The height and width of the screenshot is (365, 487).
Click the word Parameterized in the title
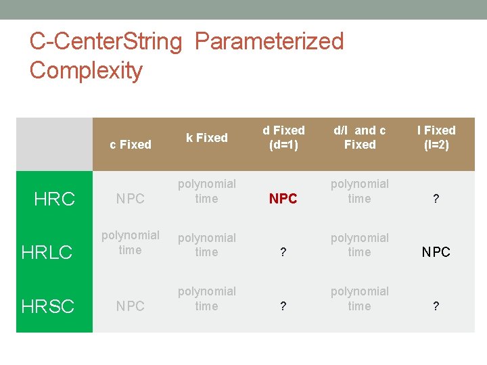pyautogui.click(x=269, y=42)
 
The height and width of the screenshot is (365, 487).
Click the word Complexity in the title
pyautogui.click(x=86, y=70)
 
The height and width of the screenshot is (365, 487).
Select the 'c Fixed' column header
pyautogui.click(x=131, y=144)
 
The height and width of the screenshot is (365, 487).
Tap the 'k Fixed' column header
pyautogui.click(x=207, y=137)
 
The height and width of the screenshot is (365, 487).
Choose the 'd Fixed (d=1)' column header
pyautogui.click(x=283, y=137)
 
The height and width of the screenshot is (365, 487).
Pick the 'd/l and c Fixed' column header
pyautogui.click(x=360, y=137)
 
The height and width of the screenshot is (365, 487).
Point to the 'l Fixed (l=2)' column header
pyautogui.click(x=436, y=137)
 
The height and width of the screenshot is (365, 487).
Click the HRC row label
pyautogui.click(x=55, y=198)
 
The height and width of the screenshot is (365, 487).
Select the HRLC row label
pyautogui.click(x=47, y=252)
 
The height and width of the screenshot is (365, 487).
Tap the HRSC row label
pyautogui.click(x=48, y=306)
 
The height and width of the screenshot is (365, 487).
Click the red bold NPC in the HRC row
pyautogui.click(x=283, y=199)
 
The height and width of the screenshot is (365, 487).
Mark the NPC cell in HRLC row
pyautogui.click(x=436, y=252)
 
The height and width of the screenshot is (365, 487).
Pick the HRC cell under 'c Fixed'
pyautogui.click(x=131, y=199)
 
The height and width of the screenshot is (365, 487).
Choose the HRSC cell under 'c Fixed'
pyautogui.click(x=131, y=306)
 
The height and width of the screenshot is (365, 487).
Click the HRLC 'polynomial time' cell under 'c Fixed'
pyautogui.click(x=131, y=243)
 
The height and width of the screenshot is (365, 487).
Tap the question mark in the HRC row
pyautogui.click(x=436, y=199)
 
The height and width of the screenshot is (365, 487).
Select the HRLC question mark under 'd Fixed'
pyautogui.click(x=283, y=253)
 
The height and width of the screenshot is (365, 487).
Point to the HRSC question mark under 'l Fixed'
pyautogui.click(x=436, y=307)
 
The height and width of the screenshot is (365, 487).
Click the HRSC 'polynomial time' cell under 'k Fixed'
pyautogui.click(x=207, y=299)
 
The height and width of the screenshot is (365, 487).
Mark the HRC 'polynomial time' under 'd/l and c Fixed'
pyautogui.click(x=360, y=191)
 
